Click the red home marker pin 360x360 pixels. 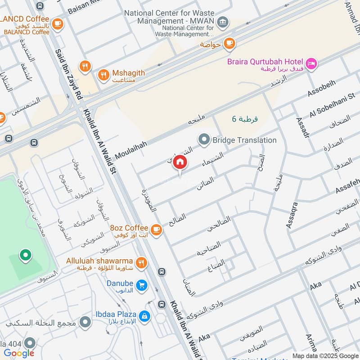(x=180, y=163)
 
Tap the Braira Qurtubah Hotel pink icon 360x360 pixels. (x=311, y=64)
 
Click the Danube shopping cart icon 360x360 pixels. (x=142, y=286)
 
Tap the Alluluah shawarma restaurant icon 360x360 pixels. (x=141, y=263)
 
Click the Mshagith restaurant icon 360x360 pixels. (x=103, y=75)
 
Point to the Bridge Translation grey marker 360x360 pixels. (x=204, y=140)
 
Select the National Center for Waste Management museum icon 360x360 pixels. (x=222, y=22)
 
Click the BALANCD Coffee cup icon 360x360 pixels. (x=57, y=23)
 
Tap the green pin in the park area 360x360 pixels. (x=26, y=256)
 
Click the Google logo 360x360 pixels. (x=19, y=353)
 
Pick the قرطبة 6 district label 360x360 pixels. (x=245, y=119)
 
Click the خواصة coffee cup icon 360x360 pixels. (x=229, y=43)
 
